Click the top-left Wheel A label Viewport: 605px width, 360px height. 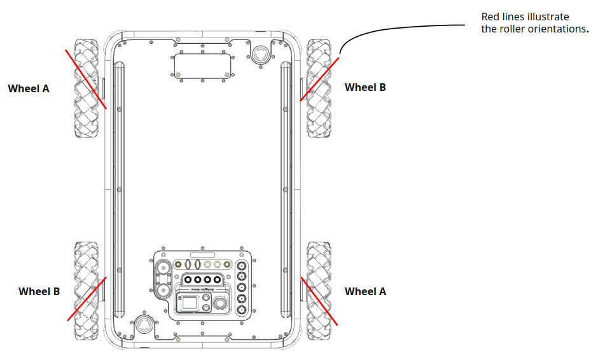tap(29, 89)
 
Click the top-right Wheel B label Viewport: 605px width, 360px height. tap(365, 88)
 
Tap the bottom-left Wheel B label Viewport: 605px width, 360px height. tap(39, 292)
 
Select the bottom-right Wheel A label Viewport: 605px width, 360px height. tap(365, 292)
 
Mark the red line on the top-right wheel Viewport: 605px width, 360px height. tap(319, 79)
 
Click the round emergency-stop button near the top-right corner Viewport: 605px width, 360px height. tap(261, 54)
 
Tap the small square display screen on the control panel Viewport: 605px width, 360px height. tap(190, 303)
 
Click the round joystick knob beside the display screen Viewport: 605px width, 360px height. tap(220, 304)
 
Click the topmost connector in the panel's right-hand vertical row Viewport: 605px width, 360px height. tap(242, 267)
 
